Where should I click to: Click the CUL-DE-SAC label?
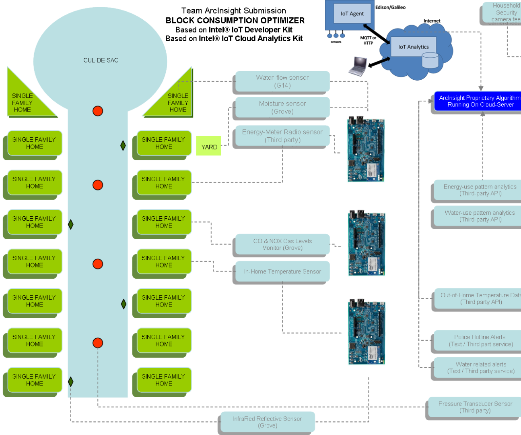pyautogui.click(x=101, y=60)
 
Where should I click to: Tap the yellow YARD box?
pyautogui.click(x=209, y=146)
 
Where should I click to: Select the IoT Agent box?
pyautogui.click(x=352, y=14)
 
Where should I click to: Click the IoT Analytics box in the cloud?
pyautogui.click(x=413, y=47)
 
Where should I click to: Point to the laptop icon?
pyautogui.click(x=358, y=66)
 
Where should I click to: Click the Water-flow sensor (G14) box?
pyautogui.click(x=282, y=81)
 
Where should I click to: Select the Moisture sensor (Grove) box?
pyautogui.click(x=282, y=108)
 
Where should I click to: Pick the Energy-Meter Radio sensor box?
pyautogui.click(x=282, y=136)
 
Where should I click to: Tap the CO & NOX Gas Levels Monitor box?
pyautogui.click(x=282, y=244)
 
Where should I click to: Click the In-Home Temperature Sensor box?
pyautogui.click(x=282, y=271)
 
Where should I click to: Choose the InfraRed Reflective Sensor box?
pyautogui.click(x=268, y=422)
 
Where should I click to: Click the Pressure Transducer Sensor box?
pyautogui.click(x=475, y=407)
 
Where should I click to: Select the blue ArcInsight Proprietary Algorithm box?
pyautogui.click(x=479, y=101)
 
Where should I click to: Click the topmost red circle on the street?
pyautogui.click(x=98, y=111)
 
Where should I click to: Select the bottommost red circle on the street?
pyautogui.click(x=98, y=343)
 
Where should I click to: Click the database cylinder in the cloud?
pyautogui.click(x=430, y=60)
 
